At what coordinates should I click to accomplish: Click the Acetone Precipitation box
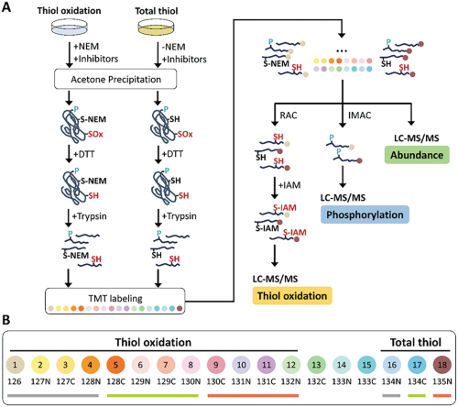pyautogui.click(x=115, y=79)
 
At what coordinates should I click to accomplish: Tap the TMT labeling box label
pyautogui.click(x=115, y=298)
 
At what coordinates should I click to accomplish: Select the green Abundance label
pyautogui.click(x=417, y=155)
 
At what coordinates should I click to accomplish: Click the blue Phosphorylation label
pyautogui.click(x=365, y=214)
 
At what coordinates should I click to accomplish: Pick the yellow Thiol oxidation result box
pyautogui.click(x=292, y=295)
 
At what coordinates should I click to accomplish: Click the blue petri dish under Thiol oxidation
pyautogui.click(x=70, y=27)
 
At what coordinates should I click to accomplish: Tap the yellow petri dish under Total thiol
pyautogui.click(x=156, y=27)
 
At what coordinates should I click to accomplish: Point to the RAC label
pyautogui.click(x=289, y=115)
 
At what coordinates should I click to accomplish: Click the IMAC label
pyautogui.click(x=360, y=115)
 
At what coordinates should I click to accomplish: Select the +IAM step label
pyautogui.click(x=289, y=185)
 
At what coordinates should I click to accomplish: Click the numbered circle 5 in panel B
pyautogui.click(x=115, y=365)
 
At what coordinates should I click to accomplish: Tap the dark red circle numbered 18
pyautogui.click(x=442, y=365)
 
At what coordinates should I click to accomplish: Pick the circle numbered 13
pyautogui.click(x=316, y=365)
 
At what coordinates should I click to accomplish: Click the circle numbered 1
pyautogui.click(x=15, y=365)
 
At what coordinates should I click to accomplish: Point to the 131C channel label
pyautogui.click(x=266, y=381)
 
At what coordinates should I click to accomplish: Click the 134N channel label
pyautogui.click(x=392, y=381)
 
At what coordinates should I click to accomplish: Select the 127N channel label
pyautogui.click(x=40, y=381)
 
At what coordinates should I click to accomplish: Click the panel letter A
pyautogui.click(x=6, y=7)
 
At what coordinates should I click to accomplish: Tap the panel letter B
pyautogui.click(x=5, y=320)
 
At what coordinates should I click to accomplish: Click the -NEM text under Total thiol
pyautogui.click(x=173, y=47)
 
